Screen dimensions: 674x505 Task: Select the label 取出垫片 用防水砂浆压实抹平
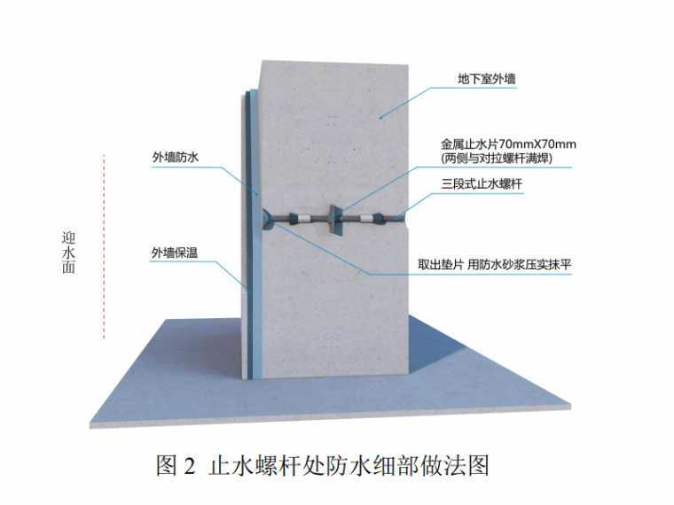[495, 264]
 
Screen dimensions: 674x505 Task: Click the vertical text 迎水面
[68, 253]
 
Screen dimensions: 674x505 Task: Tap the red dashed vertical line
[105, 248]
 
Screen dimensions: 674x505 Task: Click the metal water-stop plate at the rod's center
[333, 217]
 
